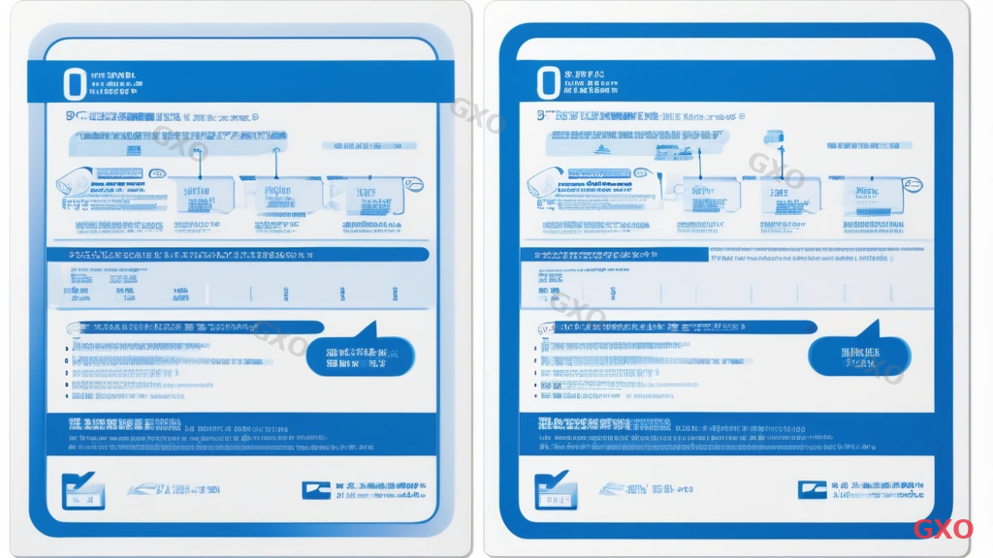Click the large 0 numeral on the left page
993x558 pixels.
(74, 83)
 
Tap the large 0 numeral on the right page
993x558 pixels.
(548, 83)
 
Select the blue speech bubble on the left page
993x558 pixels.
(359, 356)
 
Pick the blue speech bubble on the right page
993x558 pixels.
(859, 356)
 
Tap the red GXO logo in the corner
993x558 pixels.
(943, 529)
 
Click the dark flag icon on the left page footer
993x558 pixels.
(315, 490)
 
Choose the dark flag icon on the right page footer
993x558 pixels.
(812, 490)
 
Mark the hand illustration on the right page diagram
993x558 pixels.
(545, 184)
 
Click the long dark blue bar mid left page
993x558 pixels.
(238, 254)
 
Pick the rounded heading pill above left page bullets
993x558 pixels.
(194, 327)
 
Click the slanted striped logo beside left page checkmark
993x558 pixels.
(145, 489)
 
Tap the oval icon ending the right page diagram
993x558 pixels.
(912, 184)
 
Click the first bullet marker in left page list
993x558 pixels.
(69, 346)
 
